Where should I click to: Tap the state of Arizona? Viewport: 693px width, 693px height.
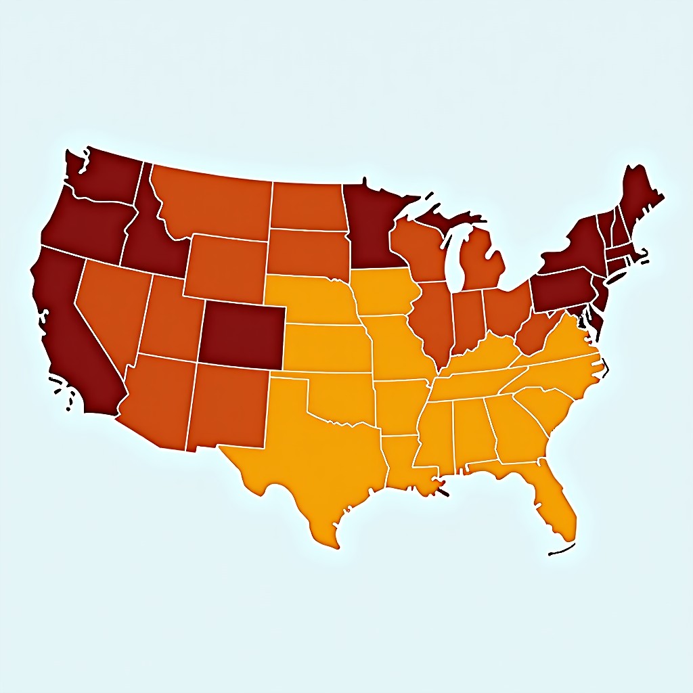pyautogui.click(x=156, y=399)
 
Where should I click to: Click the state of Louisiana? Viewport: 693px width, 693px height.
pyautogui.click(x=406, y=460)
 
